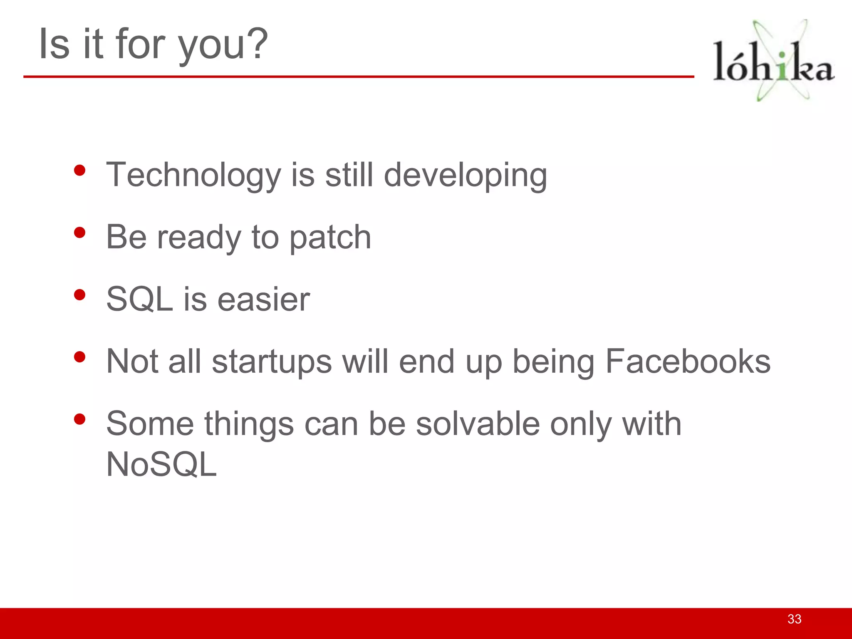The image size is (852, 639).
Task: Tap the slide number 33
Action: [x=794, y=619]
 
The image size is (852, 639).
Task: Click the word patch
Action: [x=330, y=238]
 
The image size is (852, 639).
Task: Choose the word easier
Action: [x=264, y=299]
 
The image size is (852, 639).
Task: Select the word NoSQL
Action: [x=161, y=465]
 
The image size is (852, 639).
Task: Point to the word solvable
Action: [x=478, y=424]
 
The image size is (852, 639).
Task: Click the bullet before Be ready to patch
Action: [x=79, y=233]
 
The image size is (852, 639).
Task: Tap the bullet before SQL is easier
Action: [x=79, y=295]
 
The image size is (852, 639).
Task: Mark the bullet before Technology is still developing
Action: [x=79, y=170]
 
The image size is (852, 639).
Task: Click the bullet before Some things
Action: [x=79, y=419]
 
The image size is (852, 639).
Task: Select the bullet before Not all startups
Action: [x=79, y=357]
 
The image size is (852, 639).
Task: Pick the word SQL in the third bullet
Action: [x=139, y=299]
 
